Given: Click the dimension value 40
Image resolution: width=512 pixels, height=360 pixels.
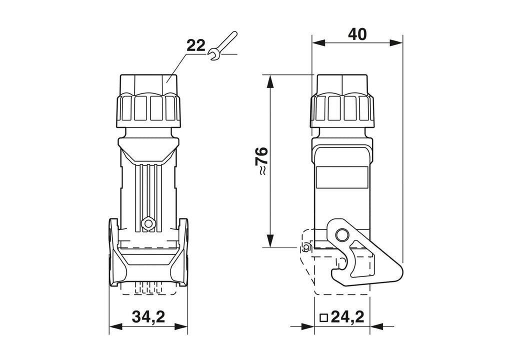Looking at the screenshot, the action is click(357, 34).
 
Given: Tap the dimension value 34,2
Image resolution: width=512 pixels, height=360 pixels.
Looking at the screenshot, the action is click(148, 316).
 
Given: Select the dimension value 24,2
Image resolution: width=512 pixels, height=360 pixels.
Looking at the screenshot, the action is click(347, 316).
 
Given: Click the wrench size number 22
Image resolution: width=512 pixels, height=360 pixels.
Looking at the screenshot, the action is click(196, 45).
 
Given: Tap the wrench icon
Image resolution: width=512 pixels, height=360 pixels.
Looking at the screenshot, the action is click(223, 45).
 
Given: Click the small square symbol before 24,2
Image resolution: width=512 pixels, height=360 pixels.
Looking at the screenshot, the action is click(324, 317).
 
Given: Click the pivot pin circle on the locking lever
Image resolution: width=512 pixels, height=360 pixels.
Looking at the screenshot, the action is click(342, 234).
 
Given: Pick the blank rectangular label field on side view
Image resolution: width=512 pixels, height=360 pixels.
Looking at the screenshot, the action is click(342, 177).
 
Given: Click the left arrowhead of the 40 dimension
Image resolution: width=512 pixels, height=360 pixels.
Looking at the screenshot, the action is click(318, 43).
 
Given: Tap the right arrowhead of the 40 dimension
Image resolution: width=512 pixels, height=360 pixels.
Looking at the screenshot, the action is click(396, 43).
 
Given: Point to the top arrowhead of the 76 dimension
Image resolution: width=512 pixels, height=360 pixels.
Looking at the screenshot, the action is click(269, 81).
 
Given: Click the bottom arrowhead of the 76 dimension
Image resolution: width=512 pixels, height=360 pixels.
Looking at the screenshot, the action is click(269, 240).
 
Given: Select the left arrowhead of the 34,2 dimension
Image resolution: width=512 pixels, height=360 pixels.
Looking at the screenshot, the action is click(115, 326).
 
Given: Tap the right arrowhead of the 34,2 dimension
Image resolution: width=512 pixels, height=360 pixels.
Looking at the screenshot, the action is click(181, 326).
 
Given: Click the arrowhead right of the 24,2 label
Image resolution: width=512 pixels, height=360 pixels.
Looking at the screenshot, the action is click(376, 326).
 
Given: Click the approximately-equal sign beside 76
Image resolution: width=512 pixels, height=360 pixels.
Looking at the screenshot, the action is click(262, 171).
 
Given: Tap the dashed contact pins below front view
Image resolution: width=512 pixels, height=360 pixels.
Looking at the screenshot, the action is click(148, 288).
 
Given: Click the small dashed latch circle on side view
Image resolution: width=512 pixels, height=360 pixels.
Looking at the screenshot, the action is click(306, 248).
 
